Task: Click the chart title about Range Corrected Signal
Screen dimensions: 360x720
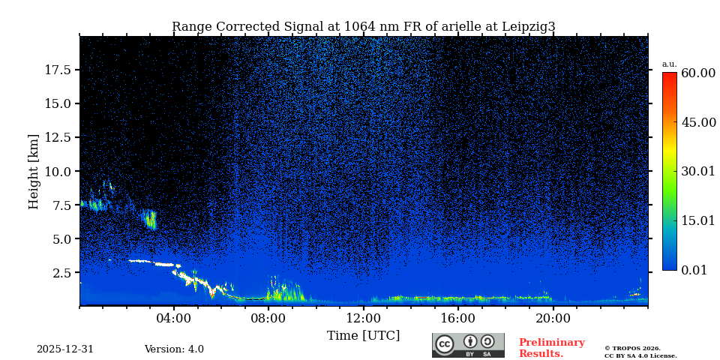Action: [363, 27]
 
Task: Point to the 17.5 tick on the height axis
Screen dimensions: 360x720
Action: [58, 70]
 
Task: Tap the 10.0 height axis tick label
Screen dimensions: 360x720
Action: [58, 171]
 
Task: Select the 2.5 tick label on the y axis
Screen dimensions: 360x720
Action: [61, 272]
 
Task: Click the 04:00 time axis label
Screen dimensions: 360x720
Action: [174, 318]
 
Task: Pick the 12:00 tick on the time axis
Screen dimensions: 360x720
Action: [364, 318]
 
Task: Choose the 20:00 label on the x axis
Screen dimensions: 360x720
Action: [553, 318]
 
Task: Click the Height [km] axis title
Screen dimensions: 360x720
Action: [34, 171]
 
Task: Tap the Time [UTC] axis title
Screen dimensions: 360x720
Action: [363, 335]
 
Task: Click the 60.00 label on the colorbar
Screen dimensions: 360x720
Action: [698, 73]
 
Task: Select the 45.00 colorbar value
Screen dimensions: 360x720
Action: [698, 122]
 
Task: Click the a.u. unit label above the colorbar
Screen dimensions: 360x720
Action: [669, 64]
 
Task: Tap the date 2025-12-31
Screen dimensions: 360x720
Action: [65, 349]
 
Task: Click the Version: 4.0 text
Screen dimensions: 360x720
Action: [174, 349]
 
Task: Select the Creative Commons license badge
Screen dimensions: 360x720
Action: [468, 345]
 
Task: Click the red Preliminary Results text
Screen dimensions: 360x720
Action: [551, 348]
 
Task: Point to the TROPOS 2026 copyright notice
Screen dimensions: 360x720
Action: [640, 352]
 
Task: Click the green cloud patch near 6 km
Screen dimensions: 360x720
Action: [151, 220]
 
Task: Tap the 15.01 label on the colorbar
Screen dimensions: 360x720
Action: [698, 220]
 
